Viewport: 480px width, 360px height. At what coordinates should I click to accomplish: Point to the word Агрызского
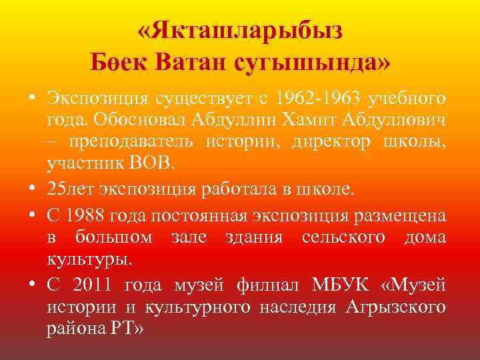[401, 307]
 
